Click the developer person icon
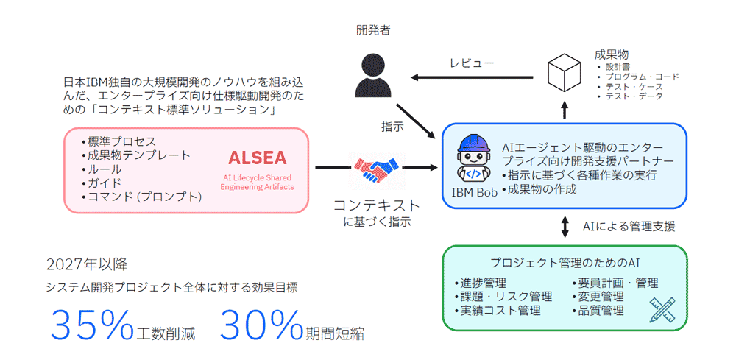[372, 74]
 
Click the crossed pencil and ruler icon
[663, 310]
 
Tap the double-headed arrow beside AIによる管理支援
[565, 226]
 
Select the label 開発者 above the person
[372, 30]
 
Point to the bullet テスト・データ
[633, 96]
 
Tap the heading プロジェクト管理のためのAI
[564, 263]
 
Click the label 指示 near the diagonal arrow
[392, 126]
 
